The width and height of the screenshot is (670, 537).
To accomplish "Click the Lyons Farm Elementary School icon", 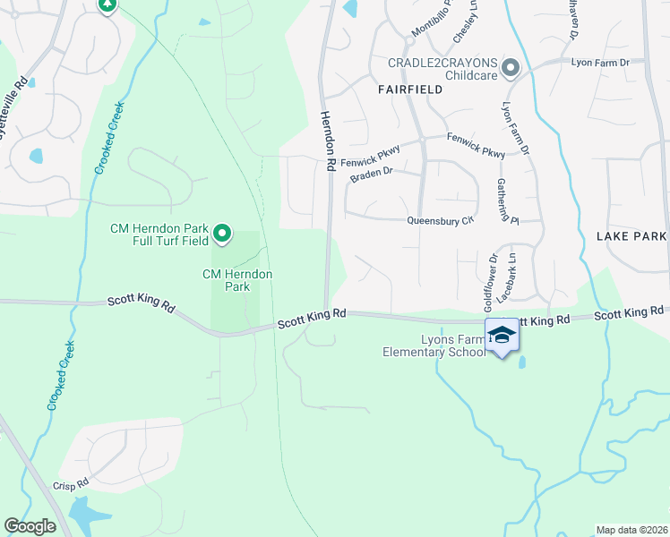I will [502, 336].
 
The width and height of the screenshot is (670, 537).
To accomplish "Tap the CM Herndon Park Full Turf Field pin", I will [221, 235].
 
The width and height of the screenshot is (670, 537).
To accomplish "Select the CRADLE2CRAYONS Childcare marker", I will [511, 68].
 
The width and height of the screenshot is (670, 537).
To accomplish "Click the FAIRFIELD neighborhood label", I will [411, 89].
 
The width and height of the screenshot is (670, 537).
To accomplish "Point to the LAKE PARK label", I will [631, 236].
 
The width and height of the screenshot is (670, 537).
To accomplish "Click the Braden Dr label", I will [371, 174].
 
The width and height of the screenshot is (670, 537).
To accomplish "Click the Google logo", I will [30, 526].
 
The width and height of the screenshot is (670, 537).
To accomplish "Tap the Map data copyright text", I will [631, 530].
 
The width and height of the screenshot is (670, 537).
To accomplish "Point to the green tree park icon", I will [107, 5].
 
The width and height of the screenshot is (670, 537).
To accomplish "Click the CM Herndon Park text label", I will [237, 280].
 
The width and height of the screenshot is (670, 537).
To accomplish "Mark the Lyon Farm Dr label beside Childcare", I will [601, 63].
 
